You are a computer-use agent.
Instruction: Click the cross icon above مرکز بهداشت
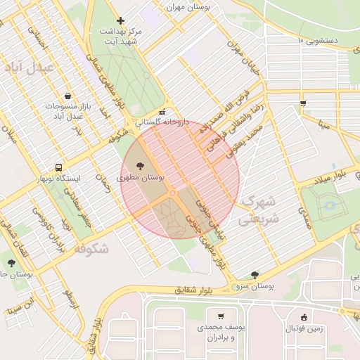121,21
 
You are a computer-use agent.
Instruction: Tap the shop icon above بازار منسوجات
67,96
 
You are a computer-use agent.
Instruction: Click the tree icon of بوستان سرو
255,275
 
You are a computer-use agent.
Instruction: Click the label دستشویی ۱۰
327,41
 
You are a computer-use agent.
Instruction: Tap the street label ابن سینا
19,306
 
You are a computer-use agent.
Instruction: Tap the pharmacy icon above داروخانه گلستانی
162,112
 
